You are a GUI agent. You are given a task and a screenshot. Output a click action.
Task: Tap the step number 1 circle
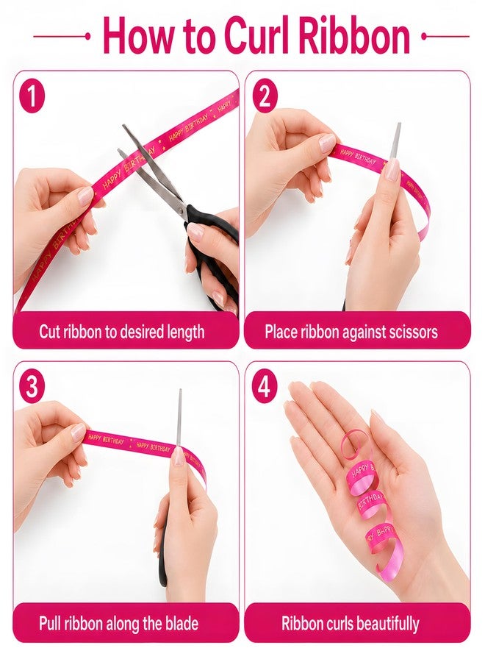pos(32,96)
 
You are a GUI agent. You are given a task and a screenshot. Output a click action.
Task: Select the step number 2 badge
pos(265,96)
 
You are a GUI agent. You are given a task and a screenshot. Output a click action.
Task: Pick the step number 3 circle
pos(32,387)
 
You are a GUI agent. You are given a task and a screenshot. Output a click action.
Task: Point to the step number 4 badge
pos(265,387)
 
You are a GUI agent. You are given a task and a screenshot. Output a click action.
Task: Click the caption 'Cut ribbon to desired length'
pos(122,332)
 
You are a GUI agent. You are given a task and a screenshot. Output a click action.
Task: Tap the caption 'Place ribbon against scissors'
pos(351,332)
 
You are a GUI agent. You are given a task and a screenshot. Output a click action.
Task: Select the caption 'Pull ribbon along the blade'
pos(118,624)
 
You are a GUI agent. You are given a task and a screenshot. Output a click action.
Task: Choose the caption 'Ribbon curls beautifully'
pos(351,624)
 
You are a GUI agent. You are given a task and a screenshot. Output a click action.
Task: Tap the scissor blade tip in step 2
pos(398,124)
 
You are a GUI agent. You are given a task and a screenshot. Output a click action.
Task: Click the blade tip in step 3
pos(181,391)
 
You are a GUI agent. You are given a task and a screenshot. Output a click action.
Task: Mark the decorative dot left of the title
pos(87,37)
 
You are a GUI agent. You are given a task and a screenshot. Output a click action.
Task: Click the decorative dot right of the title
pos(424,37)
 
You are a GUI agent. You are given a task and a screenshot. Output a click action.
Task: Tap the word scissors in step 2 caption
pos(412,332)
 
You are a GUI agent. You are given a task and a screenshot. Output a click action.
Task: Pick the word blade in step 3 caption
pos(182,623)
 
